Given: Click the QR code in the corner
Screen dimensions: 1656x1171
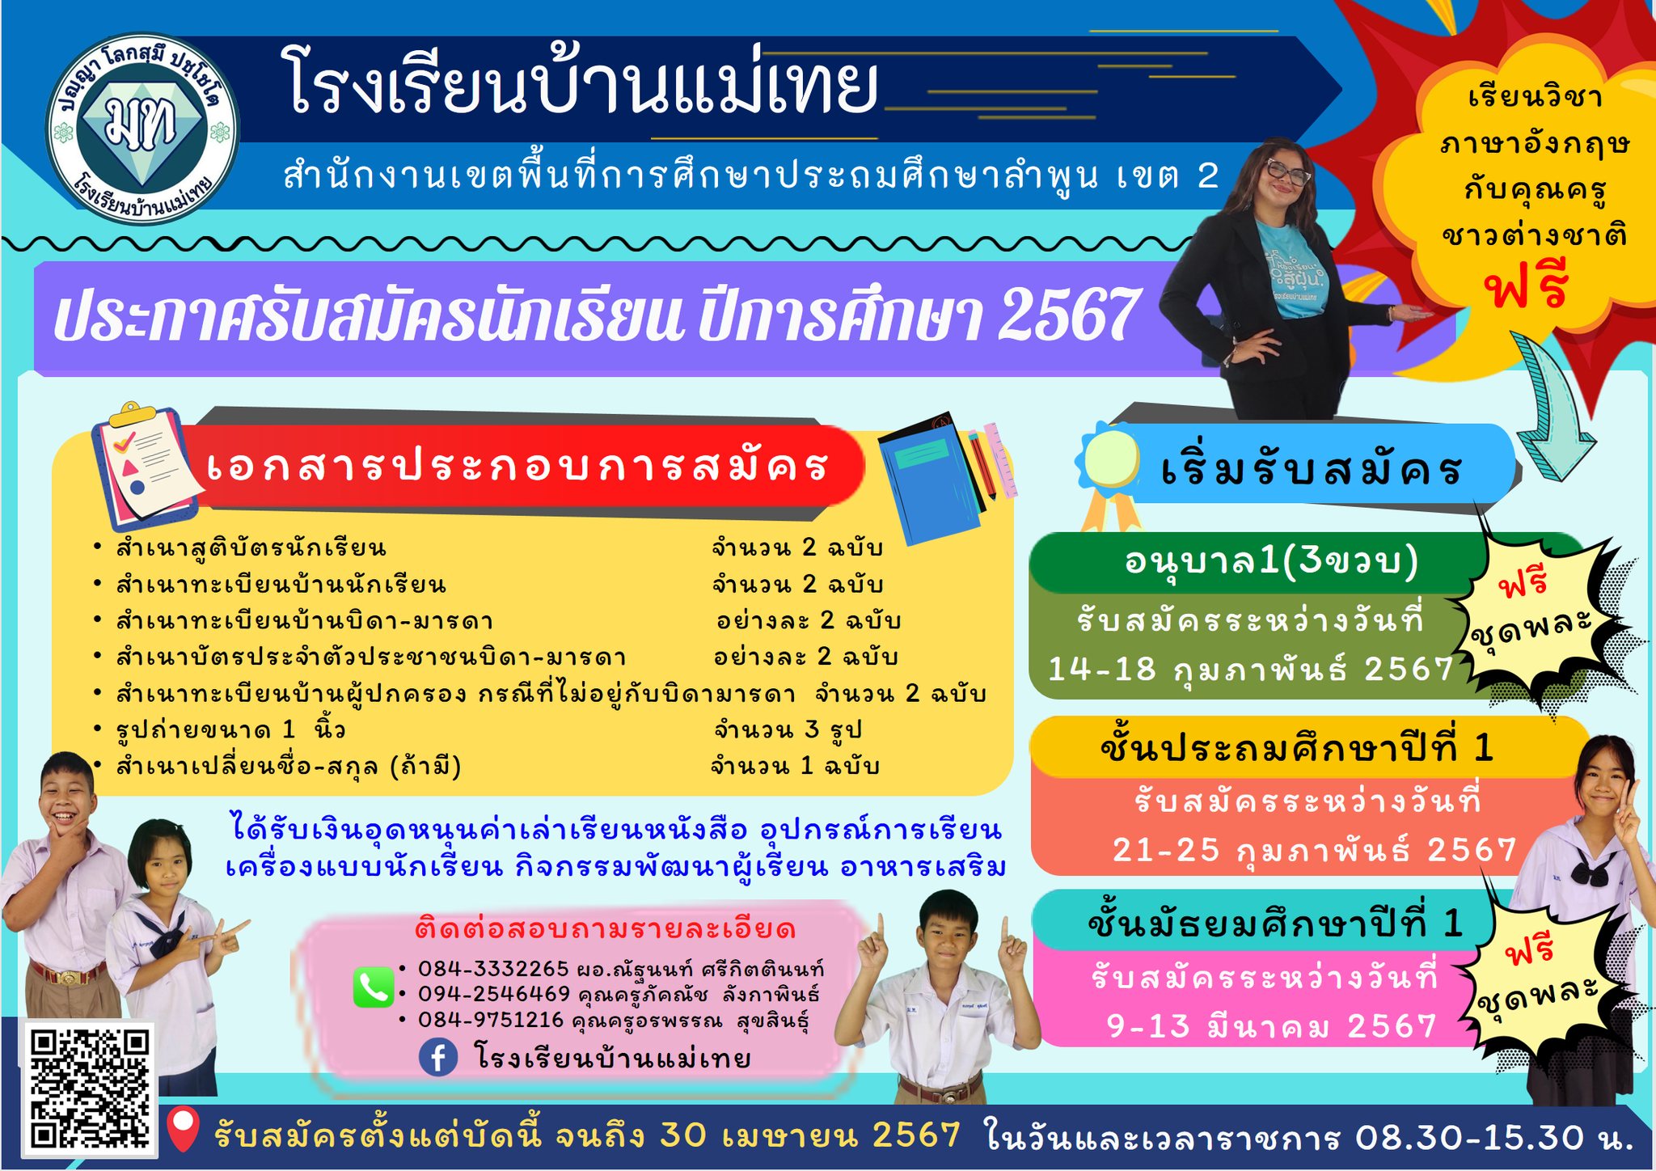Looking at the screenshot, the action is (x=90, y=1087).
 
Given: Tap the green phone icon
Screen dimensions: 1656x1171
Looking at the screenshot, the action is (x=374, y=987).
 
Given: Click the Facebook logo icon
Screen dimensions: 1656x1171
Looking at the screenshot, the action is (x=438, y=1058).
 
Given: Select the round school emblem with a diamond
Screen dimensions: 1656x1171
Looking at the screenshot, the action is (x=142, y=129).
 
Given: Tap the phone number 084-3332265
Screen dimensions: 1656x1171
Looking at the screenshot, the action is (x=493, y=968).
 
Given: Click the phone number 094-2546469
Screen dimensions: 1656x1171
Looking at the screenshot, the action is (x=493, y=993).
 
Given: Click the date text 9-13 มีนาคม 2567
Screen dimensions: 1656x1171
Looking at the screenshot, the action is (x=1271, y=1025).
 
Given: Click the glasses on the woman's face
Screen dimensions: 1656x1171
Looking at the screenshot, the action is (x=1287, y=173).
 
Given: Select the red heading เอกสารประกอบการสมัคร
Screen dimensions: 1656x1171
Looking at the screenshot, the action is (x=517, y=467).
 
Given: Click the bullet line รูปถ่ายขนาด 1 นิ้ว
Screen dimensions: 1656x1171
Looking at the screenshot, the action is (x=230, y=729).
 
